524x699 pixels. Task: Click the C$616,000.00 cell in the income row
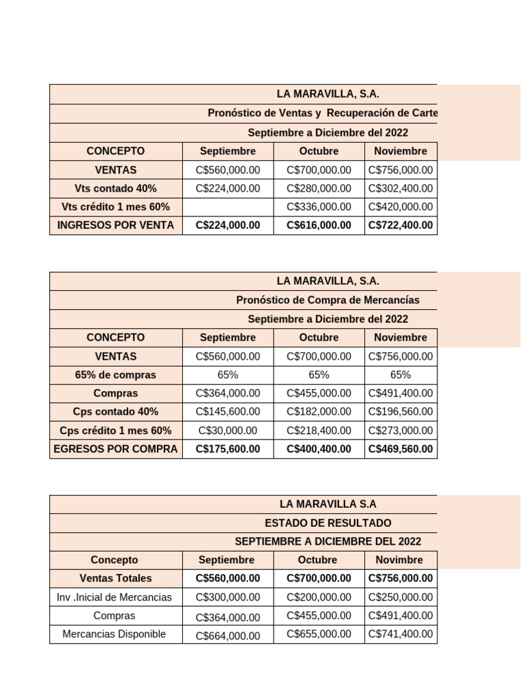coord(319,225)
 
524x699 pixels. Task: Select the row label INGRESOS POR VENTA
coord(116,225)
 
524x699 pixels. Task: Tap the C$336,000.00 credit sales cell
coord(319,207)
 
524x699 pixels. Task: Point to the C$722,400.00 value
coord(401,225)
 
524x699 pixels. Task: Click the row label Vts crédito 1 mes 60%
coord(116,207)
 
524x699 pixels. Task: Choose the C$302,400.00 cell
coord(401,188)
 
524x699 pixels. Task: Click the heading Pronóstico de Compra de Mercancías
coord(327,300)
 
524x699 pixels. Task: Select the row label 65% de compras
coord(116,375)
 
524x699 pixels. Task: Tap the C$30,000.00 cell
coord(228,431)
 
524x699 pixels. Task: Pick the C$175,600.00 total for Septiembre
coord(228,449)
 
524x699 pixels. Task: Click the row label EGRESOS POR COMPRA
coord(116,449)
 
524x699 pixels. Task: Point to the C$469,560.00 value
coord(401,449)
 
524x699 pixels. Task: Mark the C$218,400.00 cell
coord(319,431)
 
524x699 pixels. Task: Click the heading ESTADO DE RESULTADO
coord(327,523)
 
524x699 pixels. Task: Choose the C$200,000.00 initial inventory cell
coord(319,597)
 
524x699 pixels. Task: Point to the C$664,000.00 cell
coord(228,636)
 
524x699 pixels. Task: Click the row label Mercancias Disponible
coord(115,634)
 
